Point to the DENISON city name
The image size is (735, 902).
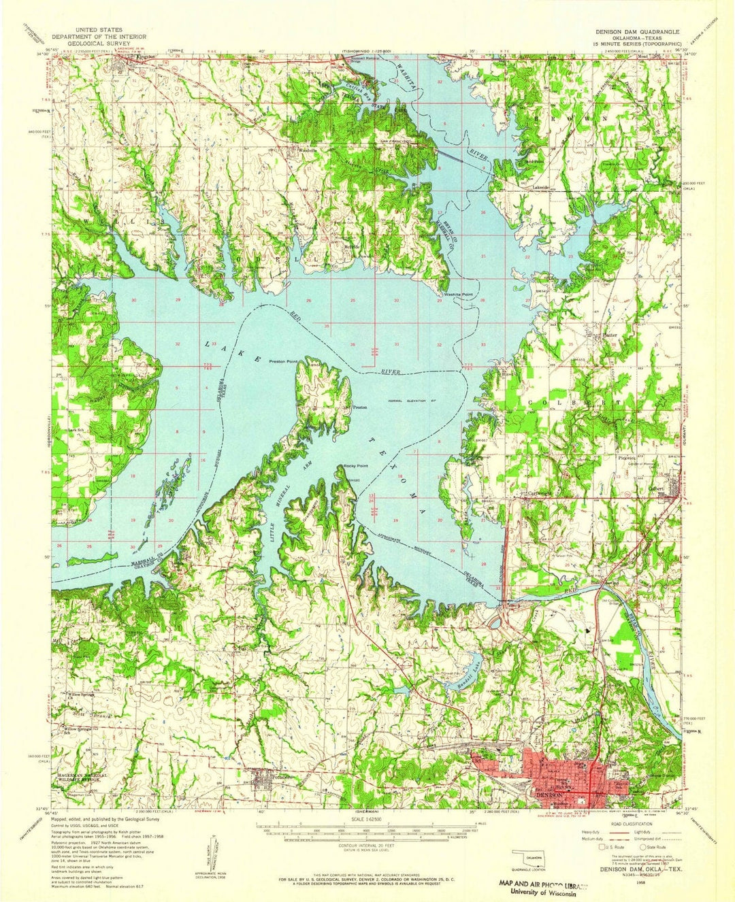tap(549, 795)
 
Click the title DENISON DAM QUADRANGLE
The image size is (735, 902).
tap(639, 31)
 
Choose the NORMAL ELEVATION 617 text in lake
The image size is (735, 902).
tap(411, 400)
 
